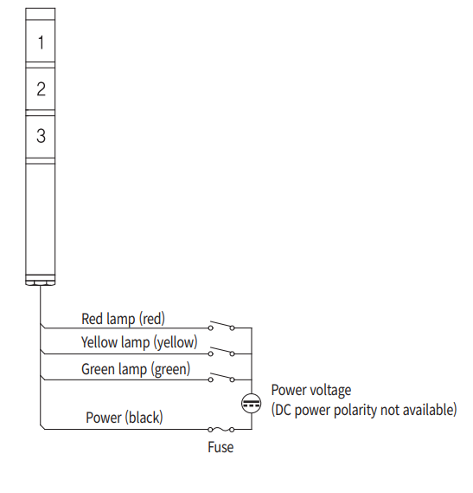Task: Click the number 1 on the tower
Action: pyautogui.click(x=41, y=42)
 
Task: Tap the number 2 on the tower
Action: pyautogui.click(x=42, y=88)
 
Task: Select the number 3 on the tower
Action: pyautogui.click(x=41, y=136)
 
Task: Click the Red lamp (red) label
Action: pyautogui.click(x=123, y=319)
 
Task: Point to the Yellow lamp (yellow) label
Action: pyautogui.click(x=139, y=342)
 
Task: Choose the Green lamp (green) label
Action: pyautogui.click(x=136, y=369)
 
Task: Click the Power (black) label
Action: pyautogui.click(x=125, y=418)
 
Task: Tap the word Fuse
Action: pyautogui.click(x=221, y=447)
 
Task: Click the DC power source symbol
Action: pyautogui.click(x=252, y=404)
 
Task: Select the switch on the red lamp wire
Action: pyautogui.click(x=221, y=326)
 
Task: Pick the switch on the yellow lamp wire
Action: pyautogui.click(x=221, y=351)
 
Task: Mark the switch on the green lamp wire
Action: pyautogui.click(x=221, y=377)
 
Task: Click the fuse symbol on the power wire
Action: pyautogui.click(x=221, y=429)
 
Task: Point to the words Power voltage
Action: pyautogui.click(x=311, y=391)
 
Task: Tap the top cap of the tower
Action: pyautogui.click(x=40, y=14)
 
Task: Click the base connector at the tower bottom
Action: pyautogui.click(x=40, y=280)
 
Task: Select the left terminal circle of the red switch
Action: pyautogui.click(x=211, y=328)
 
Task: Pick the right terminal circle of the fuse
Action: pyautogui.click(x=232, y=430)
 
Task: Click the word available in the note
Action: pyautogui.click(x=429, y=410)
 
